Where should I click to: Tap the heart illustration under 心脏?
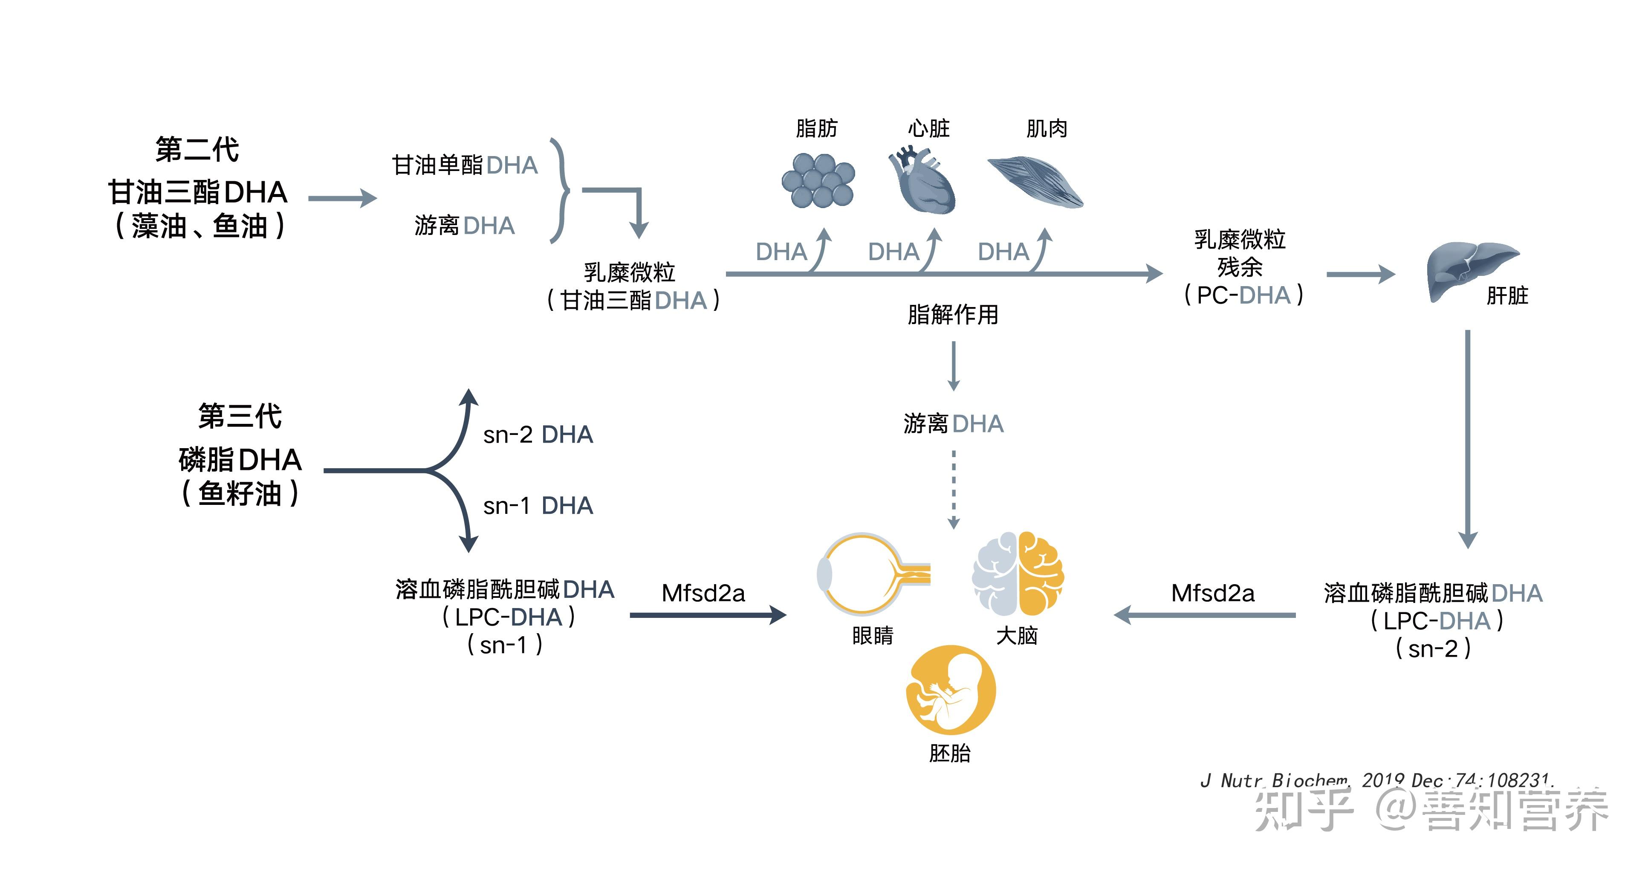(923, 183)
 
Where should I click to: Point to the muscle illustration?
(1035, 183)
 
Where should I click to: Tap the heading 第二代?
(197, 149)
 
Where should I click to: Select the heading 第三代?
(240, 416)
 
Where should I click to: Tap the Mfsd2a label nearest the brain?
(1213, 593)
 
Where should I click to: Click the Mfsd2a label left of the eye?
(703, 593)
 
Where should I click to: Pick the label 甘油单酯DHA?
(465, 165)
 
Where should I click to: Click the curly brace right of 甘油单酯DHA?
(561, 190)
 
